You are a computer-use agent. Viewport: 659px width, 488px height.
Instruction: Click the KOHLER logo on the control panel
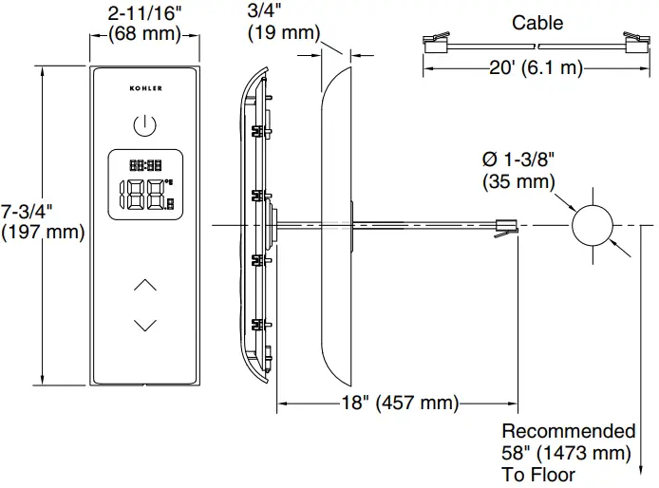coord(145,88)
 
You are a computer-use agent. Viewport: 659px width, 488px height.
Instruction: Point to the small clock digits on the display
coord(144,164)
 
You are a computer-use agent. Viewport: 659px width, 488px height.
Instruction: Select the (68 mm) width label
coord(144,33)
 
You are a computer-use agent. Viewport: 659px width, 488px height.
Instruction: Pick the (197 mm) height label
coord(43,231)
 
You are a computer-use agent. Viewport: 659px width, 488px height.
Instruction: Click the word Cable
coord(537,23)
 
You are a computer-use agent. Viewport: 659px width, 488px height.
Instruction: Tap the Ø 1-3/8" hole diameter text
coord(520,160)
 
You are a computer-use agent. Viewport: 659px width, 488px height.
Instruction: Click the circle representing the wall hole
coord(591,226)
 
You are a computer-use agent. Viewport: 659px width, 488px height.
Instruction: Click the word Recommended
coord(568,432)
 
